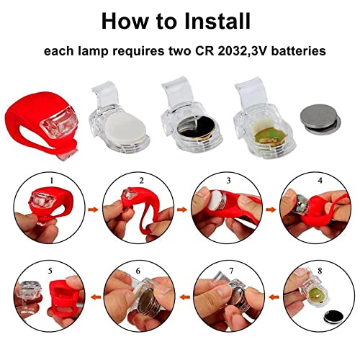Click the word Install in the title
pos(217,21)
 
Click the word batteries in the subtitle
pos(299,51)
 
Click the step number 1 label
pos(52,180)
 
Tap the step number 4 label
pos(320,180)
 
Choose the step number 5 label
pos(50,271)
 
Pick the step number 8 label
pos(320,271)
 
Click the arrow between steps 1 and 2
pos(94,210)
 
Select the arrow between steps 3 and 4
pos(271,210)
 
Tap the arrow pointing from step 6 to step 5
pos(96,297)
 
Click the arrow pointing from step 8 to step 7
pos(274,297)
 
